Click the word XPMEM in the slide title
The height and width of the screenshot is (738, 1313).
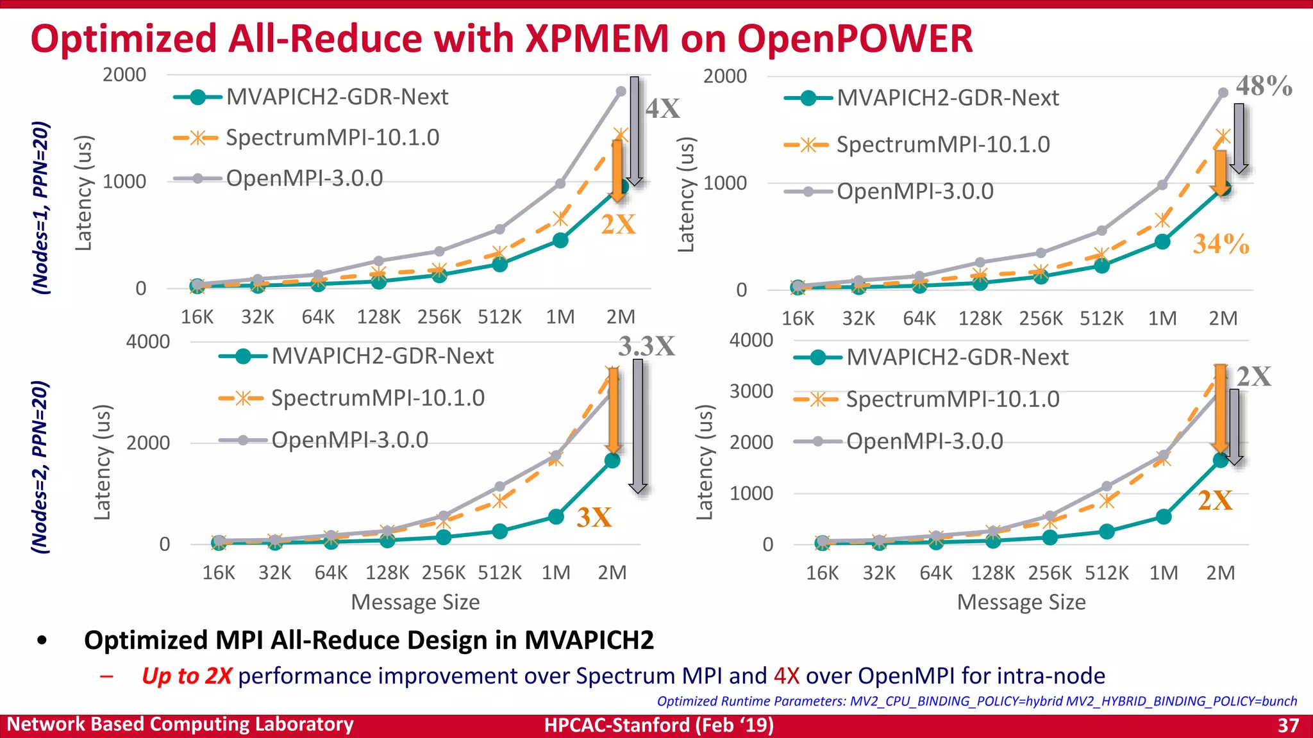[596, 38]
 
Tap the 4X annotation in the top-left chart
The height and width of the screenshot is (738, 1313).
[662, 109]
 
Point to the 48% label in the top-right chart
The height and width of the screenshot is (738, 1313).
[1263, 86]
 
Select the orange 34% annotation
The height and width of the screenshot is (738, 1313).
[1220, 244]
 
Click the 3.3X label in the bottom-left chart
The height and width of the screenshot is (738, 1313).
[646, 347]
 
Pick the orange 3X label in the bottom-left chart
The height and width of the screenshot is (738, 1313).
[594, 518]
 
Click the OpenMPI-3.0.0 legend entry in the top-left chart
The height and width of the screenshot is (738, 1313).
[304, 178]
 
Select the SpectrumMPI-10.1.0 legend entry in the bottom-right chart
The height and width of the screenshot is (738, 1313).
[952, 400]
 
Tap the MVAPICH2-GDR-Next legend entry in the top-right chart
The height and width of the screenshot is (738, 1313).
[947, 98]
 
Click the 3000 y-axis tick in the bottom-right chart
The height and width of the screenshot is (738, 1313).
[751, 391]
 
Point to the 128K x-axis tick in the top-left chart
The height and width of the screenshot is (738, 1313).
[378, 317]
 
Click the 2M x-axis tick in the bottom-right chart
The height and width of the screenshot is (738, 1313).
[1220, 573]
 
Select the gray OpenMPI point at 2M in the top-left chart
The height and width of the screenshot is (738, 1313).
[621, 92]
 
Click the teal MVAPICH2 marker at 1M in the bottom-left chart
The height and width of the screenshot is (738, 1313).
[556, 516]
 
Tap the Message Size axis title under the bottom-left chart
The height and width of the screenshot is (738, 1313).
[415, 602]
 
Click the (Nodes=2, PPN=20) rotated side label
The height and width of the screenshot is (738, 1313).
[40, 466]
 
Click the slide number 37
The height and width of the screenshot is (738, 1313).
[1287, 725]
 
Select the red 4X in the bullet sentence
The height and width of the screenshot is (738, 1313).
[786, 676]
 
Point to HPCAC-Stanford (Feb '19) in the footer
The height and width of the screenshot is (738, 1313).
[658, 725]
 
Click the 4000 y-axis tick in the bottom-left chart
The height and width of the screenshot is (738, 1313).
[147, 341]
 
